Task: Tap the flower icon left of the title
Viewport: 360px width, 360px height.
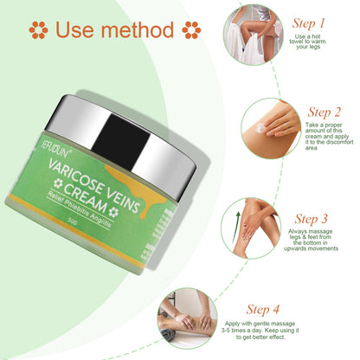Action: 38,30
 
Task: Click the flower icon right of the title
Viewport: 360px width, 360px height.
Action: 191,30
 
